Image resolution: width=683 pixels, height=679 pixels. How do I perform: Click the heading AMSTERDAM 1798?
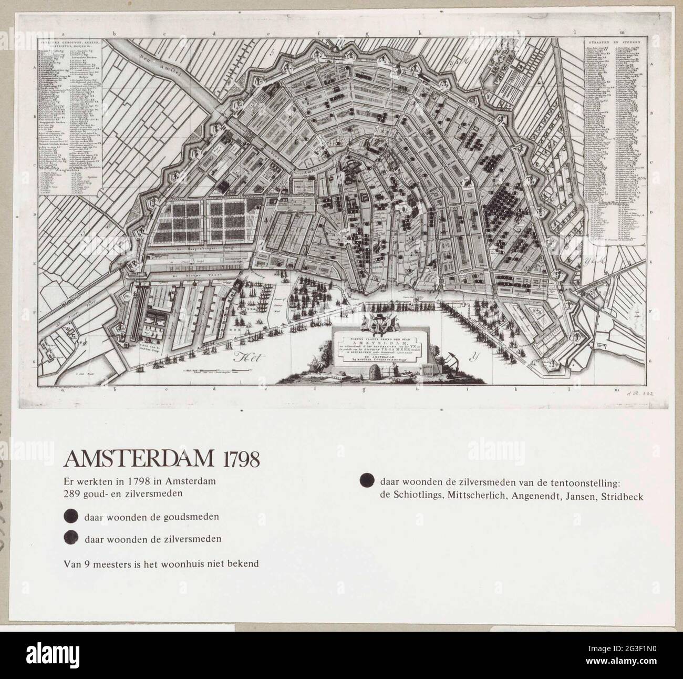tap(162, 459)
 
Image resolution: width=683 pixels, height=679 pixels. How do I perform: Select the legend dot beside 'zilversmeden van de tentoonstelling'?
tap(366, 481)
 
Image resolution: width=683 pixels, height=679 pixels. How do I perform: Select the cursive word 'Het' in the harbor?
tap(244, 359)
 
